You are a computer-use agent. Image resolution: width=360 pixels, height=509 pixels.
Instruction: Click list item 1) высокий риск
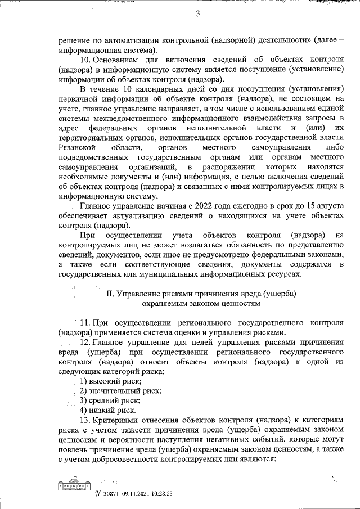pyautogui.click(x=110, y=381)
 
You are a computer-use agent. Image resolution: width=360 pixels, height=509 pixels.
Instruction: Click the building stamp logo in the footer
pyautogui.click(x=73, y=487)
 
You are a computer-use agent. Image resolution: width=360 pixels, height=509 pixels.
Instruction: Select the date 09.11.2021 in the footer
pyautogui.click(x=136, y=494)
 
